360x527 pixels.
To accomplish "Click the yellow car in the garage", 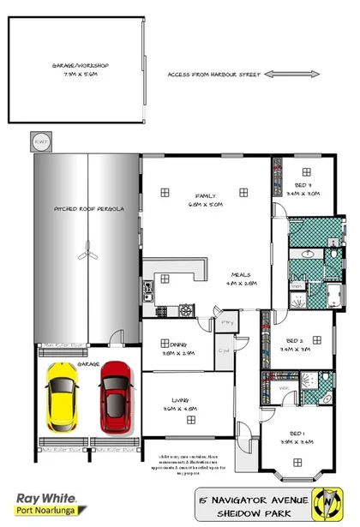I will coord(63,399).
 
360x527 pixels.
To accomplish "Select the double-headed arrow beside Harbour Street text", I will coord(281,75).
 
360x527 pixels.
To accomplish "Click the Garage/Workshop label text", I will coord(80,69).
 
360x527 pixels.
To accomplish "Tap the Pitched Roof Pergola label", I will coord(85,208).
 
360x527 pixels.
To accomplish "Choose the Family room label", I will coord(205,201).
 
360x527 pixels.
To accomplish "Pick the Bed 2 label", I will coord(295,344).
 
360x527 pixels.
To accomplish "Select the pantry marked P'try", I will coord(227,322).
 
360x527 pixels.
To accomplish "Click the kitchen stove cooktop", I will coord(163,309).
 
